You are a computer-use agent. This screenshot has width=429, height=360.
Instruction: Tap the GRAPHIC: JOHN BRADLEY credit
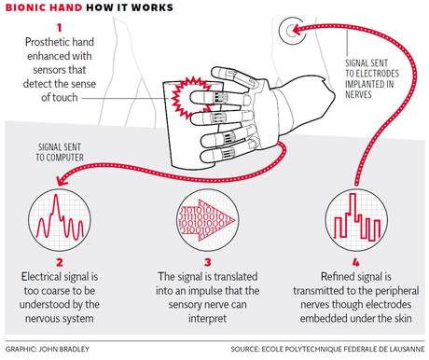tap(48, 352)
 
